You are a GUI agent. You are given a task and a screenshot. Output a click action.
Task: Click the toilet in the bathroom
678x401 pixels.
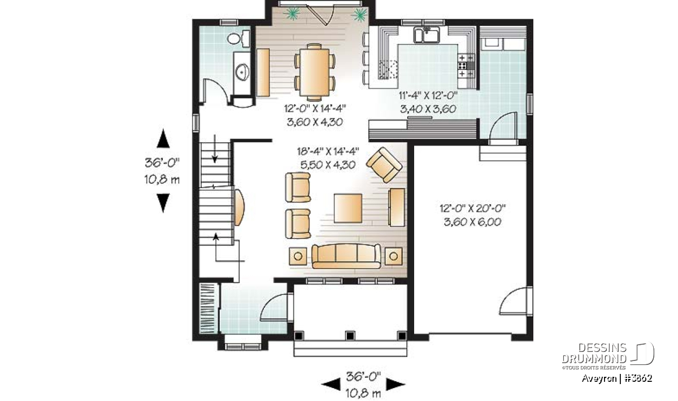[x=238, y=39]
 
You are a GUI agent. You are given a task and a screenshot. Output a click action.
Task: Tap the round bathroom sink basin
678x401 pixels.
[x=242, y=72]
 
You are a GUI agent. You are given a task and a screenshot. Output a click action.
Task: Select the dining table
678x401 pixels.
[x=315, y=73]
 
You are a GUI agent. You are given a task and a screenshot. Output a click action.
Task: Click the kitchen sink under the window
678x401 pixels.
[x=427, y=35]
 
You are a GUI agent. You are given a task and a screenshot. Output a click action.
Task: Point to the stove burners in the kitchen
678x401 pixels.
[x=466, y=65]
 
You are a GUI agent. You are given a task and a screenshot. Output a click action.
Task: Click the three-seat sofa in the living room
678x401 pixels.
[x=346, y=256]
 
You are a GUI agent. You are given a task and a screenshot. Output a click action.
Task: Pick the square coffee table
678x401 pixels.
[x=348, y=208]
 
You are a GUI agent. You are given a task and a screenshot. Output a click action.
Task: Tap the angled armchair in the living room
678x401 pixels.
[x=384, y=165]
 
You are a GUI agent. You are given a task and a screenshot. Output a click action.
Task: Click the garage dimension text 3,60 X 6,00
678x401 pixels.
[x=472, y=222]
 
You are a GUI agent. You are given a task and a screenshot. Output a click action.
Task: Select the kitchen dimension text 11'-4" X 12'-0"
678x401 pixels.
[x=428, y=95]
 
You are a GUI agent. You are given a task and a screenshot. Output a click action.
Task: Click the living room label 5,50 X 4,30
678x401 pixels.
[x=328, y=165]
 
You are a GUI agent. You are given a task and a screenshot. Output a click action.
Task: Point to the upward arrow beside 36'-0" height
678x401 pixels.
[x=163, y=138]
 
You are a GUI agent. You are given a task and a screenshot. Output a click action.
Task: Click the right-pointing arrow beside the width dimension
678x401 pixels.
[x=395, y=385]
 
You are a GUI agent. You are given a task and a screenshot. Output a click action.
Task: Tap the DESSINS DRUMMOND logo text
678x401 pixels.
[x=594, y=353]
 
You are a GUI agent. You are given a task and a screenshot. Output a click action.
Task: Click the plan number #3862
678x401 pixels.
[x=638, y=378]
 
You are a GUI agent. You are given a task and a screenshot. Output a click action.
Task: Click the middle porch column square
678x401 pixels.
[x=350, y=336]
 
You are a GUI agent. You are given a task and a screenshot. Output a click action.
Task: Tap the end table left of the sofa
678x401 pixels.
[x=298, y=257]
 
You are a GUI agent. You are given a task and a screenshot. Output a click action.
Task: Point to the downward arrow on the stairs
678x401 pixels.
[x=215, y=149]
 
